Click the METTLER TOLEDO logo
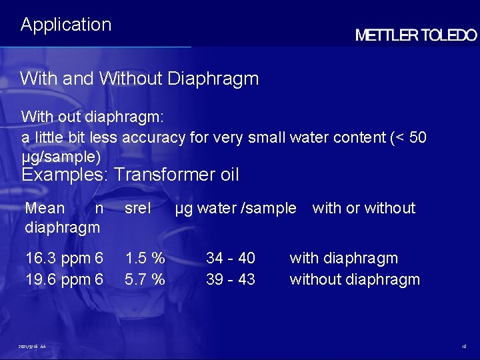click(x=416, y=35)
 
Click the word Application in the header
click(x=66, y=25)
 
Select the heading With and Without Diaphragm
click(x=139, y=79)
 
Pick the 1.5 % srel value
click(x=145, y=258)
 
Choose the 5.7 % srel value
click(x=145, y=279)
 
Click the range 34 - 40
click(x=231, y=258)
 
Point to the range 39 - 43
click(x=231, y=279)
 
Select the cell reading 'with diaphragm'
click(x=343, y=258)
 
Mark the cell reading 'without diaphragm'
click(x=355, y=279)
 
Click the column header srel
click(x=138, y=208)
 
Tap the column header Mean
click(x=45, y=208)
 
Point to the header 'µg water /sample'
click(x=235, y=208)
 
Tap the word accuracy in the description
click(x=153, y=137)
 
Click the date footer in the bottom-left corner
click(x=32, y=347)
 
